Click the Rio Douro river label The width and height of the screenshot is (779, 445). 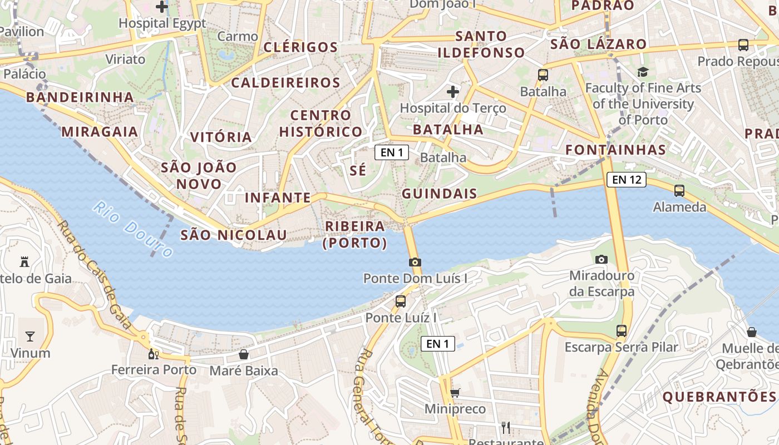click(133, 230)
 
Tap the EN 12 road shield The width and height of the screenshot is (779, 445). click(627, 179)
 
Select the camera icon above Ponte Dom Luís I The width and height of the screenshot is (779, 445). click(415, 262)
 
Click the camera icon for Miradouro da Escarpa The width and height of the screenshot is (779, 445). click(601, 259)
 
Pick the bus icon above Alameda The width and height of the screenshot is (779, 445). click(679, 191)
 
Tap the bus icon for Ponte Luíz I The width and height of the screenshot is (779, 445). click(400, 301)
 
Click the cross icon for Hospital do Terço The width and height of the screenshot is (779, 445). click(453, 91)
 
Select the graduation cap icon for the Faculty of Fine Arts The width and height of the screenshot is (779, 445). click(643, 72)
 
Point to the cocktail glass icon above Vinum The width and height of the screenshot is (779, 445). click(29, 336)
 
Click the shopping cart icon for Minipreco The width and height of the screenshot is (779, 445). click(455, 393)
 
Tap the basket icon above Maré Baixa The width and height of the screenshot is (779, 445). click(243, 354)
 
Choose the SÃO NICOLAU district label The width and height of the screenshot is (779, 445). click(234, 235)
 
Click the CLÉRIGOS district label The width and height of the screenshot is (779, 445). click(300, 47)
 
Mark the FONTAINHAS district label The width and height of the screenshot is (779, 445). click(615, 149)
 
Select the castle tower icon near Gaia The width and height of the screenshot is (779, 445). click(24, 261)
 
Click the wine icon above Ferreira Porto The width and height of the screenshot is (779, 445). click(152, 354)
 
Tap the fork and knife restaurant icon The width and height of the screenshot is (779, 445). click(506, 427)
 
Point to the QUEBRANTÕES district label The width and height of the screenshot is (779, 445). click(719, 397)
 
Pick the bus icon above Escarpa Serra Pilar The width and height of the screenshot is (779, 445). click(621, 331)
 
